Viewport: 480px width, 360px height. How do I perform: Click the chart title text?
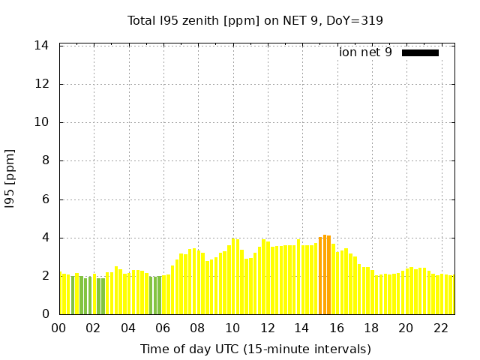click(x=255, y=20)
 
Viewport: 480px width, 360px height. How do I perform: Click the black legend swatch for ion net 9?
click(x=420, y=52)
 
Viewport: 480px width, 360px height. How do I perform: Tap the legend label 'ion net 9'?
click(x=365, y=52)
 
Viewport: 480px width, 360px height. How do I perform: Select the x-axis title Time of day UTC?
click(x=255, y=349)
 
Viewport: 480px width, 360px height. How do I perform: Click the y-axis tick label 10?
click(x=42, y=122)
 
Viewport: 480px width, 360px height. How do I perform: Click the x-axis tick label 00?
click(x=59, y=328)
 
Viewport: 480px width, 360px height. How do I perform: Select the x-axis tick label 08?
click(x=198, y=328)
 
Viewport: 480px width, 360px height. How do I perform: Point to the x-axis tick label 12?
click(x=268, y=328)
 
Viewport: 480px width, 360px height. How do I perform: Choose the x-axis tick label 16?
click(x=337, y=328)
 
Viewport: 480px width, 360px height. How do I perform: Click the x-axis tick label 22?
click(x=441, y=328)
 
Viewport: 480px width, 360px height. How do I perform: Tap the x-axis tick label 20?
click(x=406, y=328)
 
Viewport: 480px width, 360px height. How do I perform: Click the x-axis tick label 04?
click(x=129, y=328)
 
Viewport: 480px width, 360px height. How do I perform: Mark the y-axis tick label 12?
click(x=42, y=84)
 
